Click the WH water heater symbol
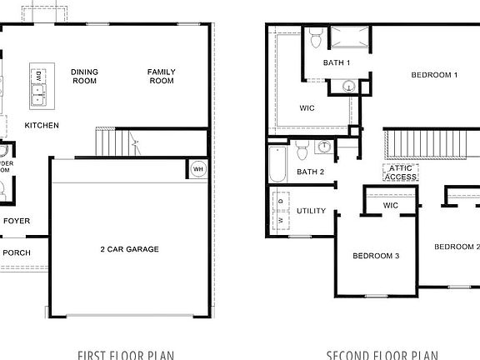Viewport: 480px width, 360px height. click(198, 169)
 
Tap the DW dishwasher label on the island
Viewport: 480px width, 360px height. click(38, 77)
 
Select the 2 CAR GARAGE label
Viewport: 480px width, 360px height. click(129, 249)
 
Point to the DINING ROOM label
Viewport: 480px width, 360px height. click(84, 77)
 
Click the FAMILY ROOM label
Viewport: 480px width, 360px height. click(161, 77)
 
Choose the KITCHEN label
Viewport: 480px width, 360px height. click(41, 126)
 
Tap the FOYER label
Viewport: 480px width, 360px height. click(17, 222)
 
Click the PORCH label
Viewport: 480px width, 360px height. click(17, 252)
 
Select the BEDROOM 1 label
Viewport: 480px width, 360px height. click(434, 76)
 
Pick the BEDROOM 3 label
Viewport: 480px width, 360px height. click(375, 256)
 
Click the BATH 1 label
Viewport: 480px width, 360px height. click(337, 63)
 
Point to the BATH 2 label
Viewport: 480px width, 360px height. click(311, 172)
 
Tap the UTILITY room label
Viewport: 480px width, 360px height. click(311, 211)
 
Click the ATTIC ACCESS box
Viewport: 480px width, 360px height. click(400, 172)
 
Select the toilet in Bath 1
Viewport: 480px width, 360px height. click(315, 38)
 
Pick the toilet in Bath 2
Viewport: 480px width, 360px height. click(302, 150)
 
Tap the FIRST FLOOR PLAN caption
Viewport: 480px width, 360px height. click(126, 355)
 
